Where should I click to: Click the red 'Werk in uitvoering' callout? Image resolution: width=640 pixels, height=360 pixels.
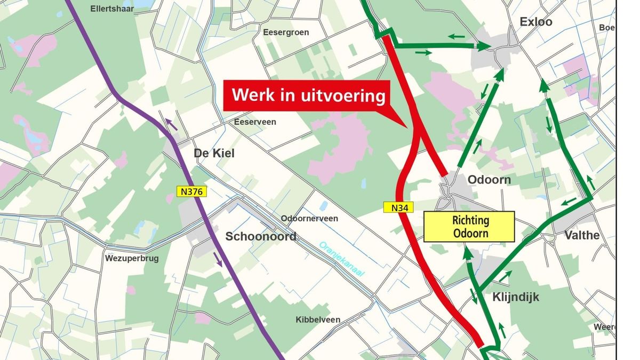pyautogui.click(x=309, y=96)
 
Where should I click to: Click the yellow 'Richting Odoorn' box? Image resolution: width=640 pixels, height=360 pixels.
pyautogui.click(x=469, y=227)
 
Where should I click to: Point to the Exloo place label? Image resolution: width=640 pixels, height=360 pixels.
pyautogui.click(x=535, y=22)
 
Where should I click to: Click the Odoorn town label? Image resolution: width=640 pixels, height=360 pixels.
pyautogui.click(x=489, y=180)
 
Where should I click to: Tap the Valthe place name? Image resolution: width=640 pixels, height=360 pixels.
pyautogui.click(x=582, y=235)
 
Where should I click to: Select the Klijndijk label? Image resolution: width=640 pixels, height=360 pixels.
pyautogui.click(x=516, y=297)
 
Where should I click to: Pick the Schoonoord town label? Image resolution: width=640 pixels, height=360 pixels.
pyautogui.click(x=261, y=236)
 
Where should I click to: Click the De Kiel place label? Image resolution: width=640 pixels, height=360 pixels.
pyautogui.click(x=213, y=154)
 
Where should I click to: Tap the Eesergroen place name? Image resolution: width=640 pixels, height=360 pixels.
pyautogui.click(x=286, y=33)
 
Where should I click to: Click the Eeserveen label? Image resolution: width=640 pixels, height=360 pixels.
pyautogui.click(x=255, y=122)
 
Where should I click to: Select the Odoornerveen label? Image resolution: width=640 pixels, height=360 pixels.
pyautogui.click(x=309, y=219)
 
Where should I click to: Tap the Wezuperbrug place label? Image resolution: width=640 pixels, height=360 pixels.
pyautogui.click(x=132, y=258)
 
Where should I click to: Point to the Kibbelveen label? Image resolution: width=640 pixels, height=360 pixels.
pyautogui.click(x=318, y=320)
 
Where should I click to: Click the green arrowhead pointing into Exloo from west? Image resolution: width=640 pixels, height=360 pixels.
pyautogui.click(x=483, y=46)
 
